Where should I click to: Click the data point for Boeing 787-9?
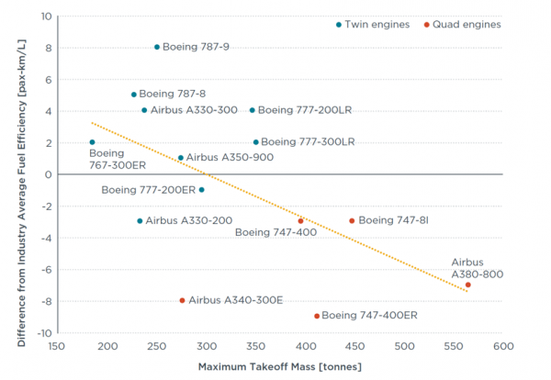tap(157, 47)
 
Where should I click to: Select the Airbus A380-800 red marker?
tap(467, 285)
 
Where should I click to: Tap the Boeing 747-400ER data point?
tap(317, 316)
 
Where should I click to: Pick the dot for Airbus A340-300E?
tap(182, 300)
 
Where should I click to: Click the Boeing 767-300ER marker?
tap(92, 142)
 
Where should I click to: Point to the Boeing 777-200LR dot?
tap(253, 110)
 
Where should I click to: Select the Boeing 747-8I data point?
tap(352, 220)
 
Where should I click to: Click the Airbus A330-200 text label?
tap(183, 221)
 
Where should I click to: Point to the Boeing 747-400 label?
tap(275, 233)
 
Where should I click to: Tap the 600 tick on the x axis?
tap(501, 346)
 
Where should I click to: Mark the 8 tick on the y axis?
tap(46, 48)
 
